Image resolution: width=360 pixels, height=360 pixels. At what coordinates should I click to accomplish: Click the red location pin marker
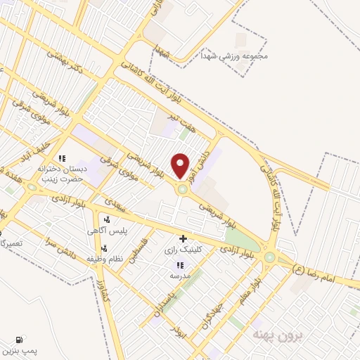pyautogui.click(x=181, y=165)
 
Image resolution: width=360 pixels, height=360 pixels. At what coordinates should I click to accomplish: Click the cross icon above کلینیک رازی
pyautogui.click(x=184, y=239)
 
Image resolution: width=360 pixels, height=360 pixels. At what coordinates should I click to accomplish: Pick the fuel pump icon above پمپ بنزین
pyautogui.click(x=18, y=338)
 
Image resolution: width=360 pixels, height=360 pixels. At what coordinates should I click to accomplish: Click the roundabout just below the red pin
pyautogui.click(x=183, y=188)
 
